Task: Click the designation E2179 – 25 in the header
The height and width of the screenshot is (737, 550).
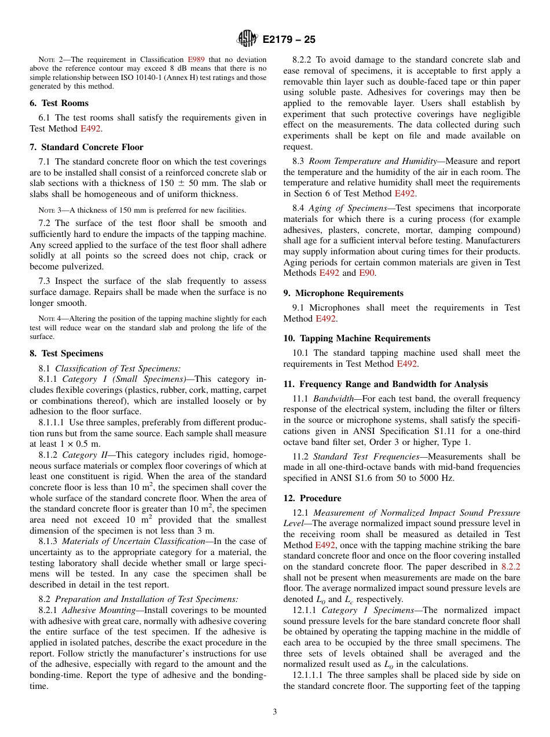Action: click(288, 40)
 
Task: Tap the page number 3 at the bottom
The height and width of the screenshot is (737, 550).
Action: click(275, 712)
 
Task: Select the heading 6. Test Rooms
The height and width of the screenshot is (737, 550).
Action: click(59, 103)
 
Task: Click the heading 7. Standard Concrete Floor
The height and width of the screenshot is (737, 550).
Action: click(86, 147)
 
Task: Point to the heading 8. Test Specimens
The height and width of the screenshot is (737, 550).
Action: click(66, 353)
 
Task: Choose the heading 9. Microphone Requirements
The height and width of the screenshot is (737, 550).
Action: click(343, 293)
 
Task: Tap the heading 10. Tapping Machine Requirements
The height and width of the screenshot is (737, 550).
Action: click(357, 338)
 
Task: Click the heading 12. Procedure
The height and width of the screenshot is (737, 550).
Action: click(312, 498)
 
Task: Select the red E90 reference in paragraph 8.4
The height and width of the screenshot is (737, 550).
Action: click(366, 273)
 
